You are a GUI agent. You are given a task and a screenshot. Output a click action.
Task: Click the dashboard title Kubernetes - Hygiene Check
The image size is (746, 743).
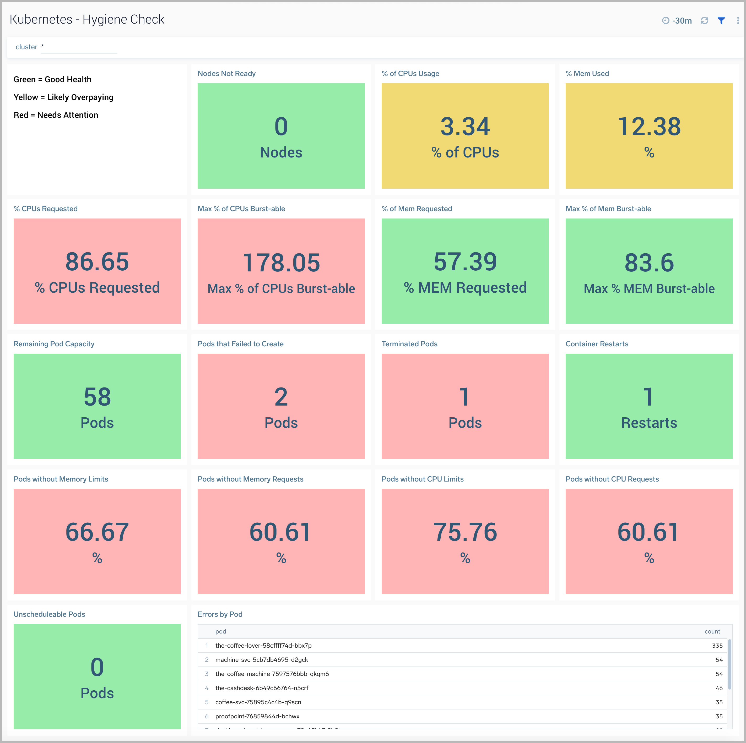coord(87,19)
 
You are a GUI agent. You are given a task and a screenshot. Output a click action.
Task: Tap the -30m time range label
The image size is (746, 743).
coord(682,21)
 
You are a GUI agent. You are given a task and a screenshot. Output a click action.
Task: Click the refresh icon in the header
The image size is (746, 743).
coord(704,21)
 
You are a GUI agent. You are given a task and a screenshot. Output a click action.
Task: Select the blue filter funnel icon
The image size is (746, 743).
coord(721,21)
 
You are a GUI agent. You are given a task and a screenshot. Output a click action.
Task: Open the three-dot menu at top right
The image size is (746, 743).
coord(738,21)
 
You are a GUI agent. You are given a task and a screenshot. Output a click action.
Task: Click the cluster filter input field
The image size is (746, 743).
coord(79,47)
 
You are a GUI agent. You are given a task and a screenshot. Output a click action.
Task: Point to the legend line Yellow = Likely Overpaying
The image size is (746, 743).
coord(63,97)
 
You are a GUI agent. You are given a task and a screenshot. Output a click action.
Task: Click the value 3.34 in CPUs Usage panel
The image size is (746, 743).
coord(465,127)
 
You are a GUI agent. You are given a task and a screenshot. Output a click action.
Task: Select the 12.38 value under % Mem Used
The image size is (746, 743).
coord(649,127)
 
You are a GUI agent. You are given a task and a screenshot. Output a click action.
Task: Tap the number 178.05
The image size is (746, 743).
coord(281,263)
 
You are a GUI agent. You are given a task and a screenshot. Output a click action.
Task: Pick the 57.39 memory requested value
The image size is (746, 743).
coord(465,262)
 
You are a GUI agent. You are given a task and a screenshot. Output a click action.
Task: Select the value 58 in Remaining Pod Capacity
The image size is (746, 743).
coord(97,397)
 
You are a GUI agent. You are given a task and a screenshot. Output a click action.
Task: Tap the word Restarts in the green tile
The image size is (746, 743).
coord(649,423)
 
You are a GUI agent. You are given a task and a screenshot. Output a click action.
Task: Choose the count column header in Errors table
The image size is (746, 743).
coord(712,631)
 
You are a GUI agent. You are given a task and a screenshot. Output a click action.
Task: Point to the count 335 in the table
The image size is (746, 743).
coord(717,645)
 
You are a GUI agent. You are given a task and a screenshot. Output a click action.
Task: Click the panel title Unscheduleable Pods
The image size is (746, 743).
coord(50,614)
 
